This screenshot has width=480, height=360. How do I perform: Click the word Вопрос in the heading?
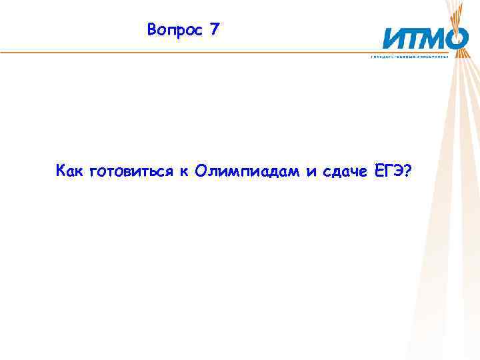coord(173,30)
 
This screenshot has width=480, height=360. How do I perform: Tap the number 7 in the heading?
coord(213,29)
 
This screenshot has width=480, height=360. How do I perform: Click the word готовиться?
coord(131,173)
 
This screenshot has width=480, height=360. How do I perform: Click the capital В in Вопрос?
coord(153,30)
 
